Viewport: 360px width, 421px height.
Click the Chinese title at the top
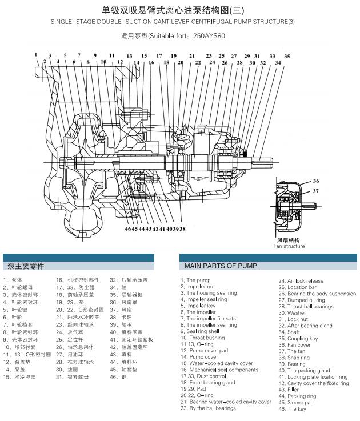[179, 10]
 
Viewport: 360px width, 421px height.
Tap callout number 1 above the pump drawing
[35, 55]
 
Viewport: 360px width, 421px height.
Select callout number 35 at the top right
[287, 57]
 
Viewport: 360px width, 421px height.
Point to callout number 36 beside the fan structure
[315, 181]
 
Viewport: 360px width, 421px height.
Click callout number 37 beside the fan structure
[315, 191]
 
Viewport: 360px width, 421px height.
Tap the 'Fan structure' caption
[289, 246]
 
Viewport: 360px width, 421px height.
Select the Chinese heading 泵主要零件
[26, 266]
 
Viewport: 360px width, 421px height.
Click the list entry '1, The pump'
[195, 280]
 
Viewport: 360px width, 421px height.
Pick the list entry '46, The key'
[292, 409]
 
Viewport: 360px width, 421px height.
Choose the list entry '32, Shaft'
[289, 332]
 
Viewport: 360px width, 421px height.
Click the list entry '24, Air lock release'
[301, 281]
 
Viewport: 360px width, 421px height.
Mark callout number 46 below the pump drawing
[128, 228]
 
